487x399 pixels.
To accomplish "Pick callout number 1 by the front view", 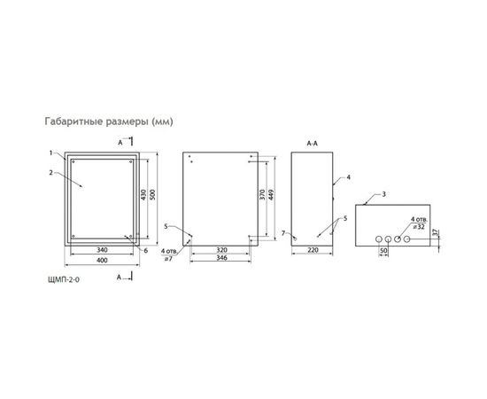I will pyautogui.click(x=51, y=152).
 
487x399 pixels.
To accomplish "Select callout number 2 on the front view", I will pyautogui.click(x=51, y=172).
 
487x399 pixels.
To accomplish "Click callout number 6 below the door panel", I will pyautogui.click(x=144, y=250).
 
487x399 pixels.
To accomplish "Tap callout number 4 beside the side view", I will pyautogui.click(x=349, y=178).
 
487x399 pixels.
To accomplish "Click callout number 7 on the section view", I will pyautogui.click(x=283, y=232).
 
